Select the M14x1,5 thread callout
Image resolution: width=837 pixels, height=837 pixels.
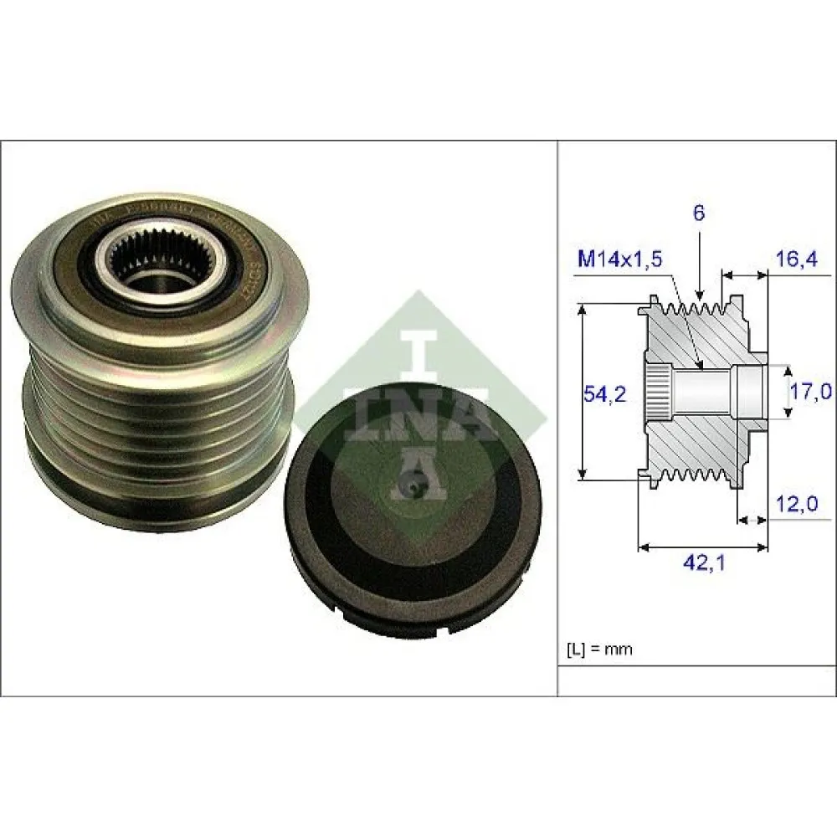620,260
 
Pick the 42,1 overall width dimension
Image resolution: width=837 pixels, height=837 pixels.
703,563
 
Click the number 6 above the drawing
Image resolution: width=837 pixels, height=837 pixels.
699,213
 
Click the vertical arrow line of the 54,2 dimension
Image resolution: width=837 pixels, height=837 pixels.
583,393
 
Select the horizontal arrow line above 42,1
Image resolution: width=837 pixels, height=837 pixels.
703,548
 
